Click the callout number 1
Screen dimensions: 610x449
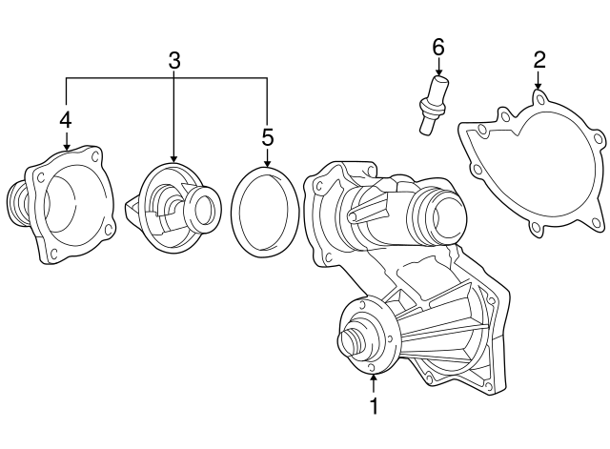(x=374, y=406)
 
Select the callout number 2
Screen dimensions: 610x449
(x=539, y=59)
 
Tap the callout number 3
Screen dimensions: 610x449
(x=174, y=61)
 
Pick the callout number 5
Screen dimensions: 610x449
(x=267, y=137)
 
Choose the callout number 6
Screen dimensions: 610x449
(x=438, y=48)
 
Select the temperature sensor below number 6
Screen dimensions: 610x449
(x=434, y=105)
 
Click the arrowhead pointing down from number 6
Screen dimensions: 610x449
(x=438, y=72)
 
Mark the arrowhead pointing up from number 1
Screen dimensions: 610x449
(x=374, y=377)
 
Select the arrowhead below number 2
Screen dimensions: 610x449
(x=539, y=86)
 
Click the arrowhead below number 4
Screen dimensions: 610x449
(x=67, y=147)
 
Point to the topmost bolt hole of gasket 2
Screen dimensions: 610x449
(x=539, y=99)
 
